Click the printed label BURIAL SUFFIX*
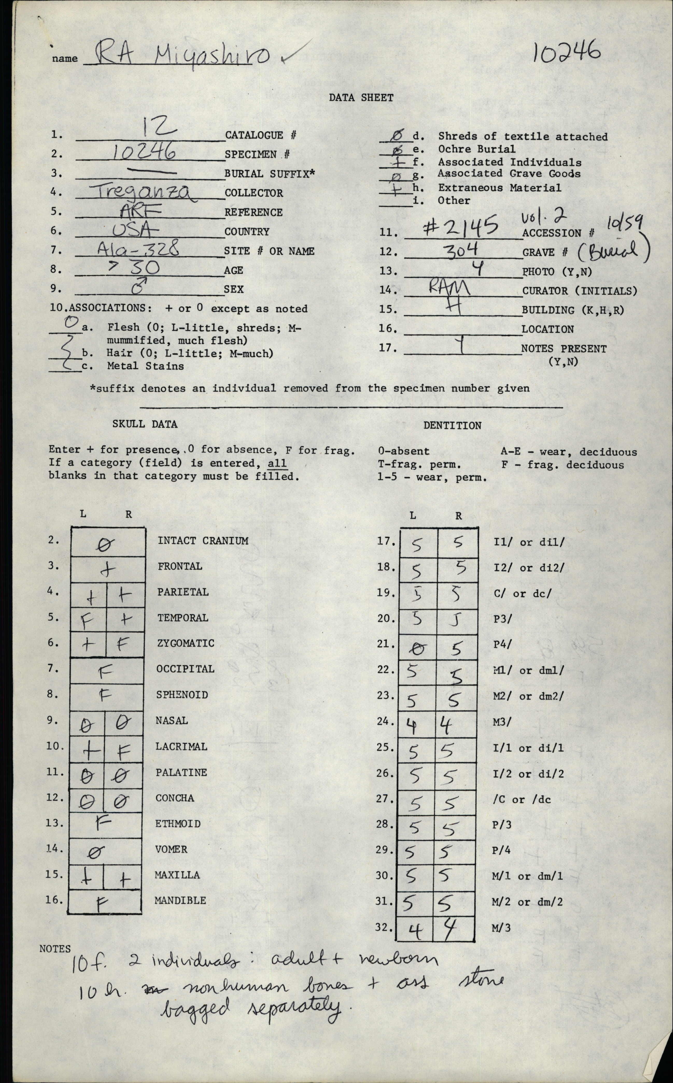pos(269,173)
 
